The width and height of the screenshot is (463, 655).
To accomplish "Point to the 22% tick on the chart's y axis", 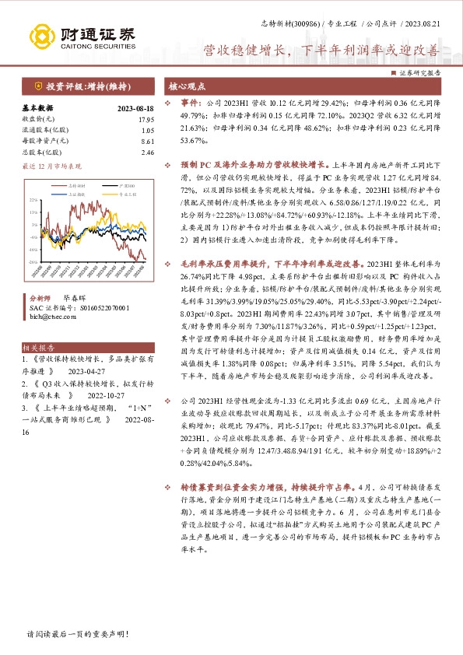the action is pyautogui.click(x=33, y=201).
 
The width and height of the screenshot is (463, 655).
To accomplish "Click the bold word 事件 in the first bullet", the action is pyautogui.click(x=190, y=102).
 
